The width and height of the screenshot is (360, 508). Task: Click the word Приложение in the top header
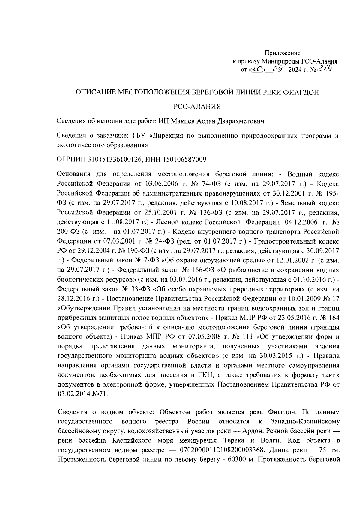[285, 54]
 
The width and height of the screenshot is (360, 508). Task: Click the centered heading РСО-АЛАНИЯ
[198, 106]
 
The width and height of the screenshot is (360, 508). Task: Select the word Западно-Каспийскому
[305, 421]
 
